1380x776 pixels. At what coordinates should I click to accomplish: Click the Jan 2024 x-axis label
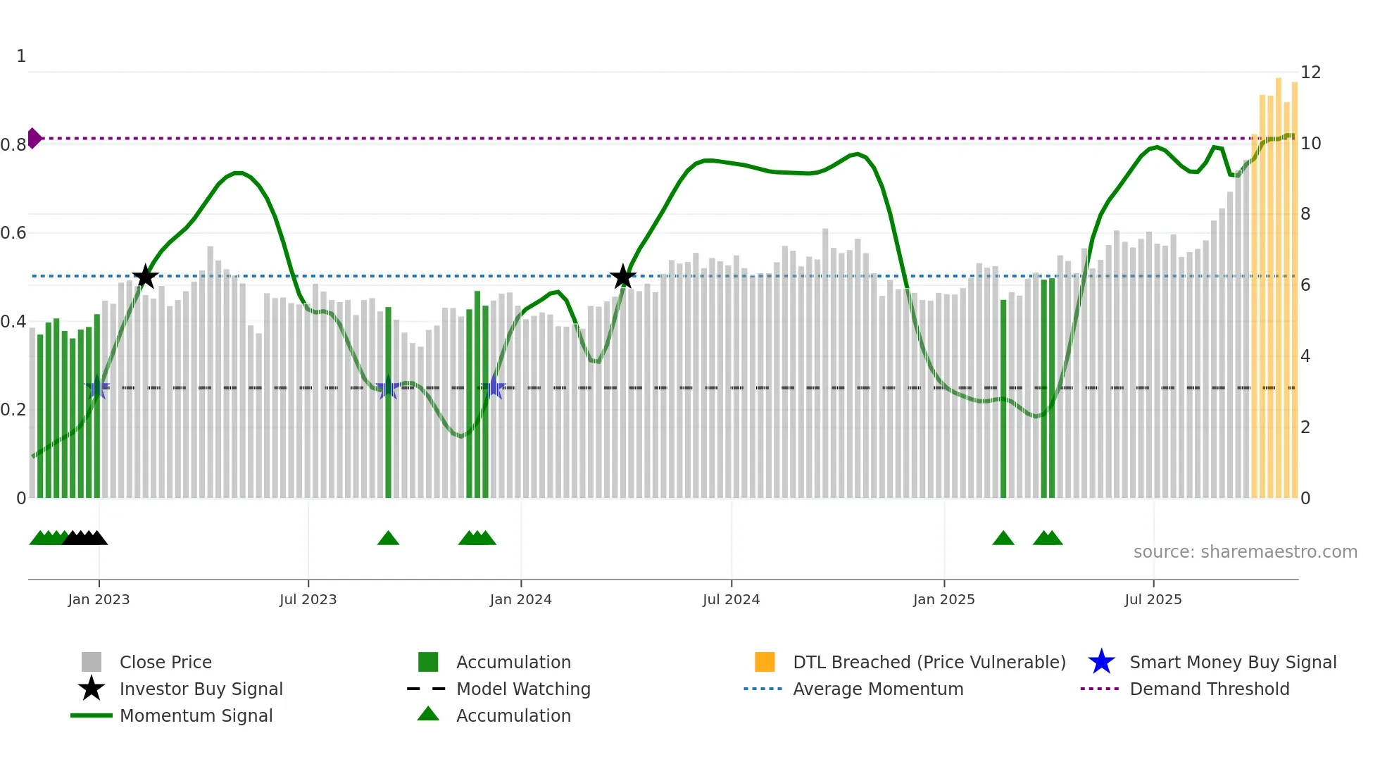520,599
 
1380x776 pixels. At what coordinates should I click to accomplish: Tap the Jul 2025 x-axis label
1153,599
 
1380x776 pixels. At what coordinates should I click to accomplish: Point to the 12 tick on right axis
1310,73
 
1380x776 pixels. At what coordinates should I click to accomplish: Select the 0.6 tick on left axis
13,233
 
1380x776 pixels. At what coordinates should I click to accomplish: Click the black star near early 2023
145,277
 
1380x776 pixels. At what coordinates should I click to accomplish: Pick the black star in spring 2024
622,277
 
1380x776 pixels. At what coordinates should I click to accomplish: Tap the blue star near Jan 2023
97,387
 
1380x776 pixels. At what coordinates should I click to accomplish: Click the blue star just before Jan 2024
494,387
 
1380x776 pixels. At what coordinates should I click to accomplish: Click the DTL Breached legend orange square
765,662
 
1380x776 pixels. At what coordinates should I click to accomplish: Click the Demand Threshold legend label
1209,689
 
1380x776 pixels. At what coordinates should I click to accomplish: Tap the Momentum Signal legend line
92,715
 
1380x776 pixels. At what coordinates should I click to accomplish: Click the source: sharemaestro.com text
1245,551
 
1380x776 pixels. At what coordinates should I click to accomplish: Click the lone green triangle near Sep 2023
388,539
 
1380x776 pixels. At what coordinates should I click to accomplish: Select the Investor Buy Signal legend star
92,689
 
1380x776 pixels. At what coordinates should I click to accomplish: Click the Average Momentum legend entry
877,689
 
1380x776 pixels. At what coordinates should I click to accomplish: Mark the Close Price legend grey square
92,662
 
